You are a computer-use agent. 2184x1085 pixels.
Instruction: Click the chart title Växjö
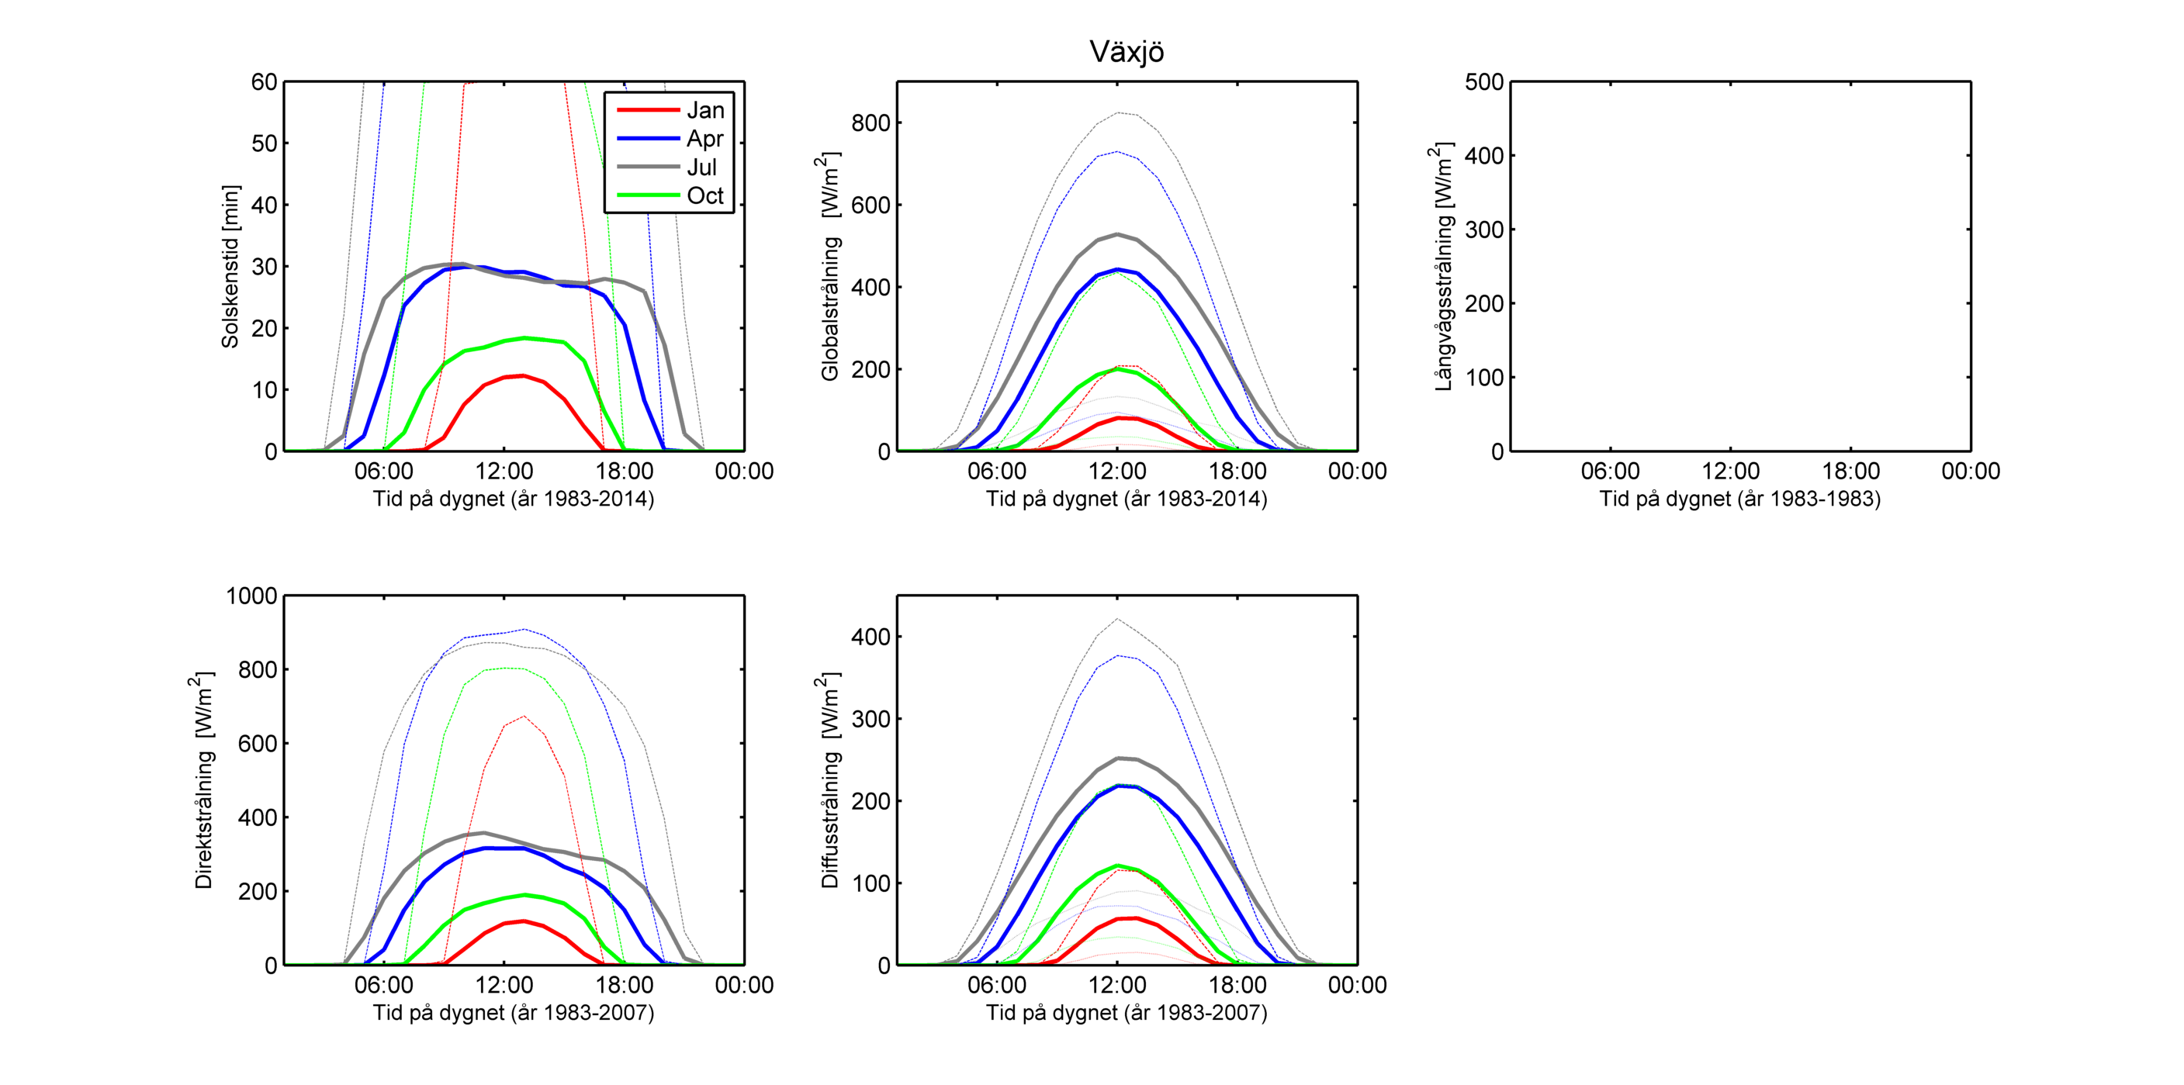1126,53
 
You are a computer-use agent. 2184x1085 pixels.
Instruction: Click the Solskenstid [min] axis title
230,266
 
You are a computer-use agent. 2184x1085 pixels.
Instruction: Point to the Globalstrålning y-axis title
830,266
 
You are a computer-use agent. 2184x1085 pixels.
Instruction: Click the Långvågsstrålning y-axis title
1443,266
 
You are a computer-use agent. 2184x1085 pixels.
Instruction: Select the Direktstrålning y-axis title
203,780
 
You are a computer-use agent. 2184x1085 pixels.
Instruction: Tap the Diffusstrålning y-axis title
830,780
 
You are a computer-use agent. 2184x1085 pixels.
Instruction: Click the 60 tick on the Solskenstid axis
264,82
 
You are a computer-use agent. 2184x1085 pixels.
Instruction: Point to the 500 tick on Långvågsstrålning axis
1483,82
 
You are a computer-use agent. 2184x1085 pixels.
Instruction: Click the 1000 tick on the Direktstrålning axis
252,596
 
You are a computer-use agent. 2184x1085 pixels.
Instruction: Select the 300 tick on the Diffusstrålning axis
870,719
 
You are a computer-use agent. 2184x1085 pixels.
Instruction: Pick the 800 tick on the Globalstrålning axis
870,123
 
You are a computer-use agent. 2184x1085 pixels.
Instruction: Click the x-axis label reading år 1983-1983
1739,499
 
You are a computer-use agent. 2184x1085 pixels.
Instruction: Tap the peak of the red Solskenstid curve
523,375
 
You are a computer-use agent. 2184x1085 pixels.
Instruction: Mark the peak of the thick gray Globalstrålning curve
1117,234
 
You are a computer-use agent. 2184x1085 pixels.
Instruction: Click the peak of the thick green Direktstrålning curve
524,895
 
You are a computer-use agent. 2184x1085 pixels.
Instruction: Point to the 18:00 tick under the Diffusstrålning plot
1237,985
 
